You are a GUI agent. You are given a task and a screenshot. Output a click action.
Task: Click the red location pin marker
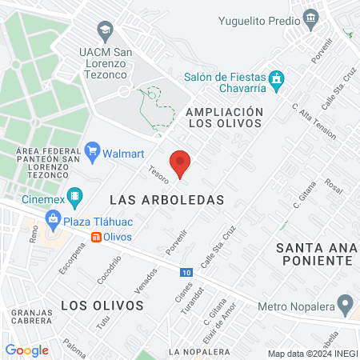181,163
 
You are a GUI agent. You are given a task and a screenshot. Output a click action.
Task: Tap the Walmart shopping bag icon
93,149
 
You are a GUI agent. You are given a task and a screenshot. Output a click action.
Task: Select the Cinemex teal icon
74,194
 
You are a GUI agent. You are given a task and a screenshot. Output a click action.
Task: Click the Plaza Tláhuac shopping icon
54,217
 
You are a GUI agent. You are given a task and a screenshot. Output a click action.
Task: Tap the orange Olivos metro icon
96,237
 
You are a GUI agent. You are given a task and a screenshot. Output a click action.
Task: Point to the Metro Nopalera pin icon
346,304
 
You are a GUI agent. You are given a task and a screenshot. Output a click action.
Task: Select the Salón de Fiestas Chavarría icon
277,78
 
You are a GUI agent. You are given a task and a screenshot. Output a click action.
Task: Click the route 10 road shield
186,273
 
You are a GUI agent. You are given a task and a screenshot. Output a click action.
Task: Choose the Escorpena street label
71,256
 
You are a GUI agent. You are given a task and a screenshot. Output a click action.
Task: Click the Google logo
27,350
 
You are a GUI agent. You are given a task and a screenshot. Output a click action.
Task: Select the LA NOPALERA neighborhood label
190,351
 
